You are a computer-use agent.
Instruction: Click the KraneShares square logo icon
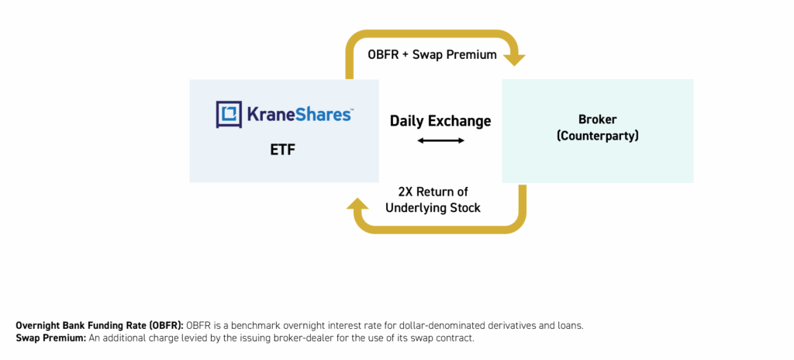(229, 114)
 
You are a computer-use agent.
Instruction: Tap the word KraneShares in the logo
(299, 114)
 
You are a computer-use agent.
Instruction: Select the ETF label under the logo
(284, 150)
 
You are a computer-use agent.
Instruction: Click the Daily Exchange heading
(440, 121)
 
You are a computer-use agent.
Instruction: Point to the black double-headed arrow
(440, 140)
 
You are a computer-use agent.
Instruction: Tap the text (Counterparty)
(597, 137)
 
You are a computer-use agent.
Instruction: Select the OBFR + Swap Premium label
(432, 55)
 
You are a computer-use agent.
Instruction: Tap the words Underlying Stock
(433, 208)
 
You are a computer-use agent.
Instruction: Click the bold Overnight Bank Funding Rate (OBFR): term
(100, 326)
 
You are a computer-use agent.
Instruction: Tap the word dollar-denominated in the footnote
(446, 326)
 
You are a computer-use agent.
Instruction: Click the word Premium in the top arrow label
(471, 55)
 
